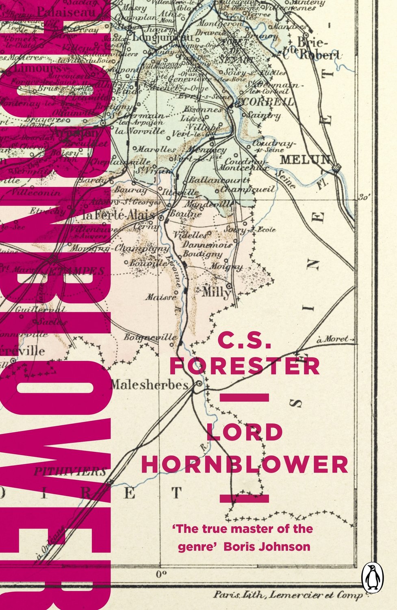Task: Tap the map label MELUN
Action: pyautogui.click(x=305, y=159)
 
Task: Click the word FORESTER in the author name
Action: pyautogui.click(x=245, y=366)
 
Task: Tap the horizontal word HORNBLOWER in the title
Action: pyautogui.click(x=245, y=464)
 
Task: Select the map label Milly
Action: pyautogui.click(x=216, y=292)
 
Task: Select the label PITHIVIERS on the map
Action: pyautogui.click(x=70, y=471)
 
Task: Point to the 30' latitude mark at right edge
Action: pyautogui.click(x=364, y=198)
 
